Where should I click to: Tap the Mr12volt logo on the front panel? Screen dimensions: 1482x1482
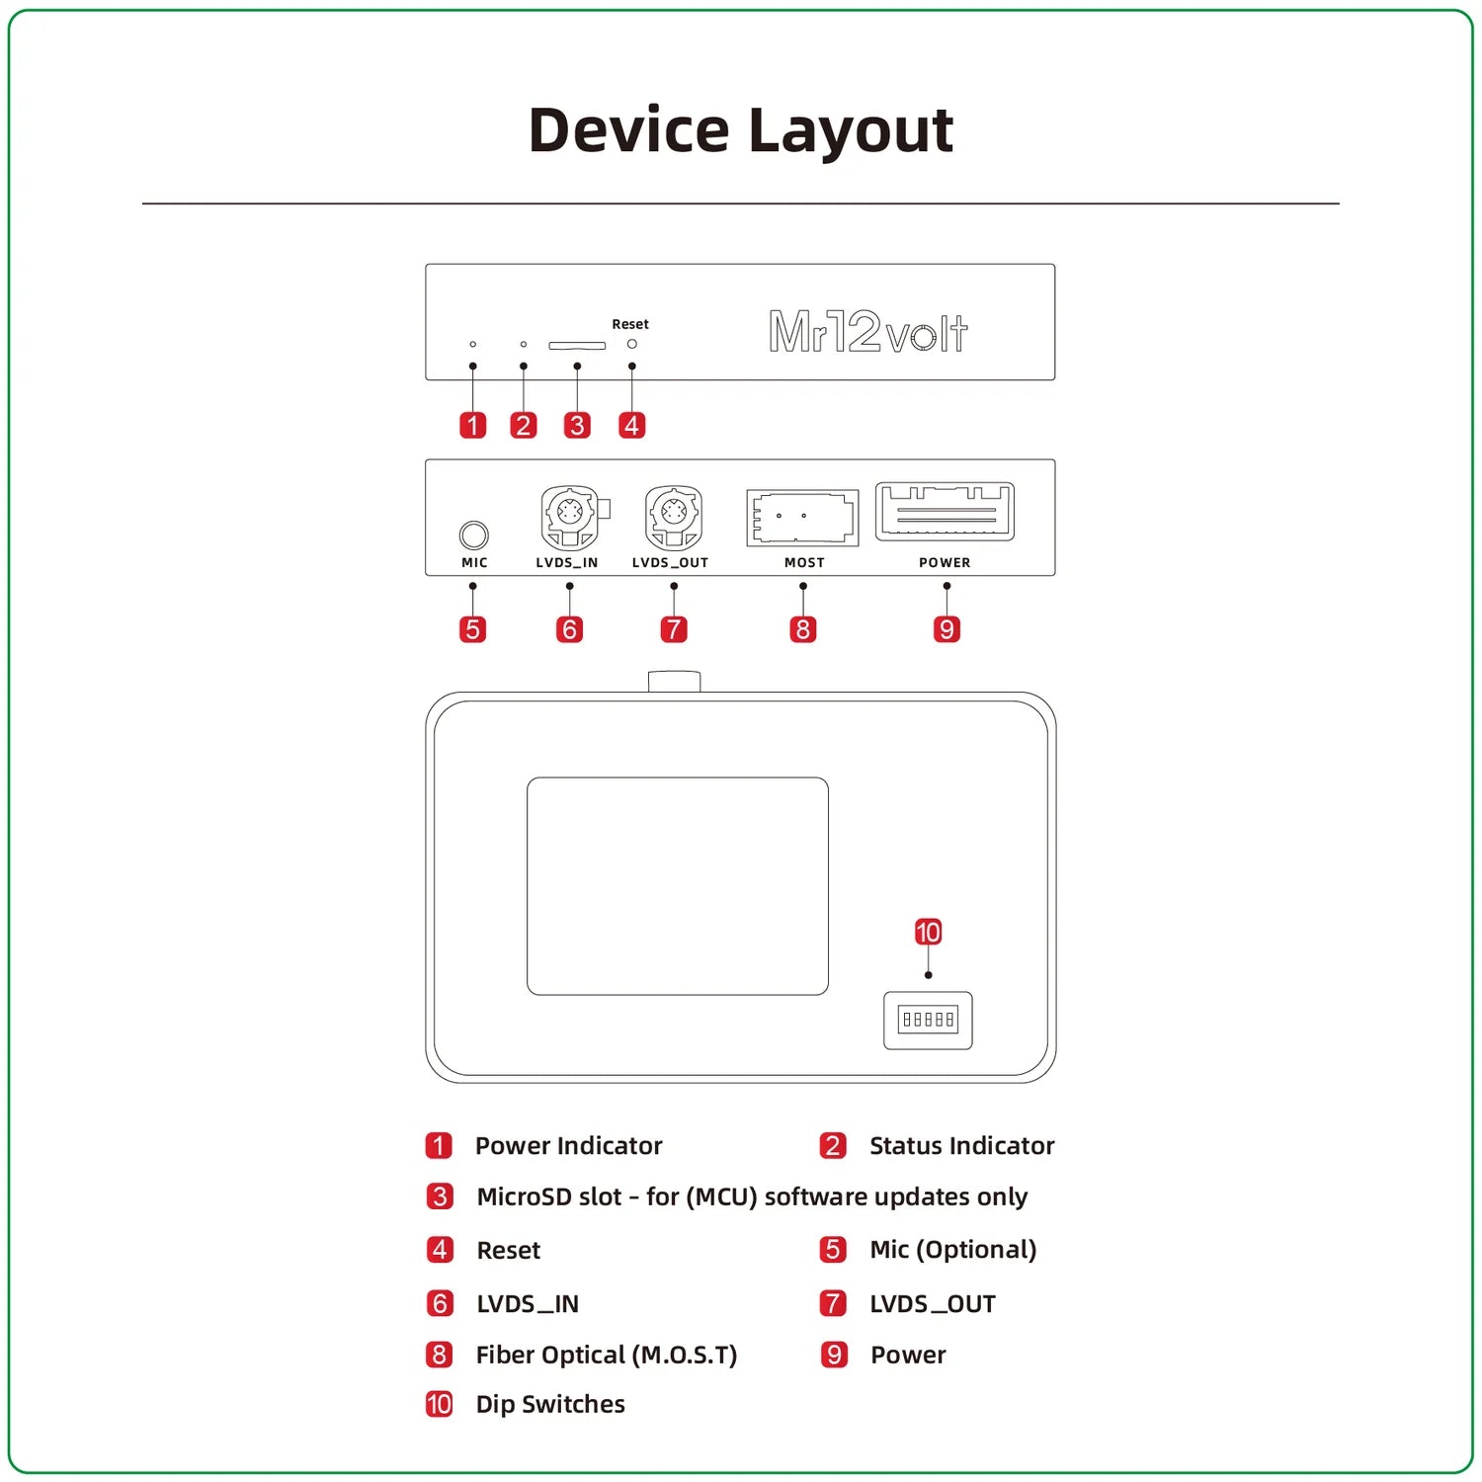[867, 332]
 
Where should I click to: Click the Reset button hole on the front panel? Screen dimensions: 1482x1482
[632, 344]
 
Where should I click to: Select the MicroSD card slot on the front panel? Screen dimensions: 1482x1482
[577, 346]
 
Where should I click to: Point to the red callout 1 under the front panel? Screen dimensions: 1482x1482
[473, 425]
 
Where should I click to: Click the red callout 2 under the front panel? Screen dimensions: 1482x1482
[523, 425]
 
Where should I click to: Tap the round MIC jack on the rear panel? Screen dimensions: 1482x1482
[474, 535]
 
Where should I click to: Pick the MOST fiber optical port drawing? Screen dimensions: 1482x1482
[802, 517]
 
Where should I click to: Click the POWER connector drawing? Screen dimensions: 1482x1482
[945, 511]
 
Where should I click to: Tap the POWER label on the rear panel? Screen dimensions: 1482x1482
[945, 562]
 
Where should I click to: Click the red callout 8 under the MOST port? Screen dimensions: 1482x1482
[803, 629]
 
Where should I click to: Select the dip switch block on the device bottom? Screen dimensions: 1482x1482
[928, 1020]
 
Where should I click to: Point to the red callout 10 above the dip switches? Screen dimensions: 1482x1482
[928, 932]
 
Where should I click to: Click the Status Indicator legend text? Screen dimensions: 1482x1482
[961, 1145]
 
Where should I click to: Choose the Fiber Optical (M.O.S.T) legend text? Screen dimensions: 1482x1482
[607, 1355]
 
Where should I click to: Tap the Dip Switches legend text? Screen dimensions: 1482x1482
[550, 1404]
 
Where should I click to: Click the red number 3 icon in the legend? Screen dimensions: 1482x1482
[440, 1196]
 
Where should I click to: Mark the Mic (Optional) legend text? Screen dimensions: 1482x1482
[952, 1250]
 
